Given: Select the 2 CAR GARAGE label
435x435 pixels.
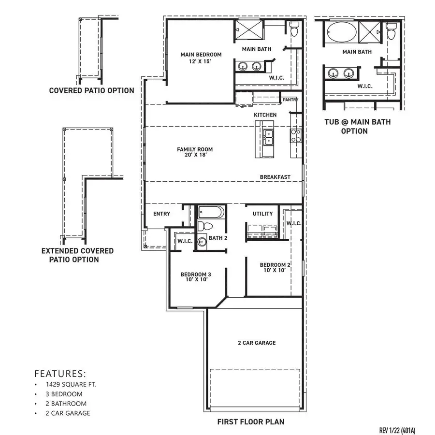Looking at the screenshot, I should (257, 343).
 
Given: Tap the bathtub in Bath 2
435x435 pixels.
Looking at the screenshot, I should (212, 212).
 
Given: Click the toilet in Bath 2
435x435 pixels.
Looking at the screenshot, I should (205, 226).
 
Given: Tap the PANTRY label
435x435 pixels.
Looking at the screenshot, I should (290, 100).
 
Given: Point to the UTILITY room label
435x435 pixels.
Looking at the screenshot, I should (262, 214).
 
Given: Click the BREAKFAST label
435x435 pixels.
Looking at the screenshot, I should (275, 177).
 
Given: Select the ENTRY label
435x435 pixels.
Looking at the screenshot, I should (161, 214).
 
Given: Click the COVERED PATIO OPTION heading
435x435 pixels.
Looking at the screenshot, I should (91, 90).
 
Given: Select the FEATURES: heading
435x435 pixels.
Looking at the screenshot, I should (60, 374).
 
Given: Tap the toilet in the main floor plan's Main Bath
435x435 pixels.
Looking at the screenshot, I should (294, 29).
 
